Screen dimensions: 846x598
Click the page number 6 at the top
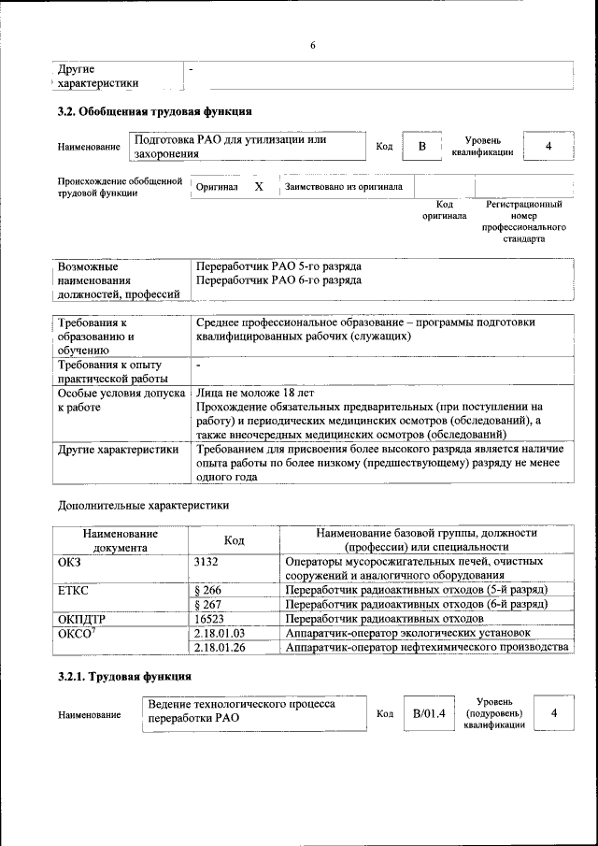click(x=313, y=47)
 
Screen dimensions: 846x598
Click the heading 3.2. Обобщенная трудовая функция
click(x=154, y=113)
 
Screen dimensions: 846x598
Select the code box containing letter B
click(x=421, y=147)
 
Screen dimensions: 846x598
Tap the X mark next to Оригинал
click(x=259, y=187)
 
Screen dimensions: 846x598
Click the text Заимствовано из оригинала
click(x=343, y=187)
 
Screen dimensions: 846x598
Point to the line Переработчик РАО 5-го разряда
click(x=278, y=265)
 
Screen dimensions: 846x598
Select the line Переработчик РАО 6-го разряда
click(x=278, y=280)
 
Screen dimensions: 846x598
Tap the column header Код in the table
click(x=235, y=540)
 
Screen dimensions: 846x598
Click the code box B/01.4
click(x=428, y=714)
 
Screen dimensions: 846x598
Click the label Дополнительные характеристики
click(x=142, y=506)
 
